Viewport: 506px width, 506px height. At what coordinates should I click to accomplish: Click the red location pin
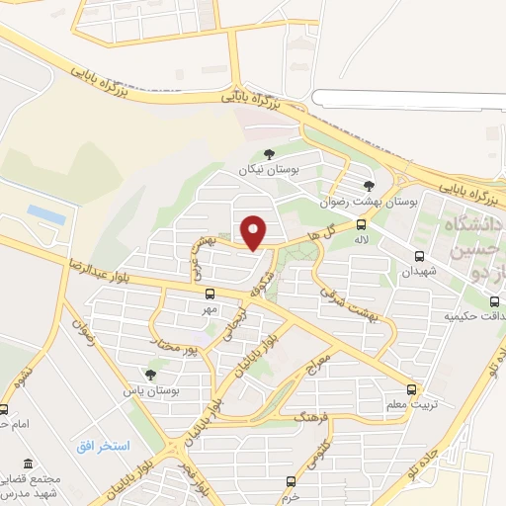pyautogui.click(x=254, y=231)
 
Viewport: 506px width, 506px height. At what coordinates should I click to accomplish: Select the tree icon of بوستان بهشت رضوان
pyautogui.click(x=369, y=185)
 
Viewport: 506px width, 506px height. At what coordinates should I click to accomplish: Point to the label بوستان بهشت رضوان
pyautogui.click(x=367, y=201)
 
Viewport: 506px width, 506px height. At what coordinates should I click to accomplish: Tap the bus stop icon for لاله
pyautogui.click(x=361, y=224)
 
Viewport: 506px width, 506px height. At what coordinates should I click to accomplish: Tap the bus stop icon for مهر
pyautogui.click(x=209, y=294)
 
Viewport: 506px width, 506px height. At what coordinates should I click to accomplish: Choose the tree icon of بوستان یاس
pyautogui.click(x=149, y=375)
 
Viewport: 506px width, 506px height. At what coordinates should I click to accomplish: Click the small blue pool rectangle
pyautogui.click(x=45, y=212)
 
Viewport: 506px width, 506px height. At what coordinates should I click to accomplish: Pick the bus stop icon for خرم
pyautogui.click(x=289, y=481)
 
